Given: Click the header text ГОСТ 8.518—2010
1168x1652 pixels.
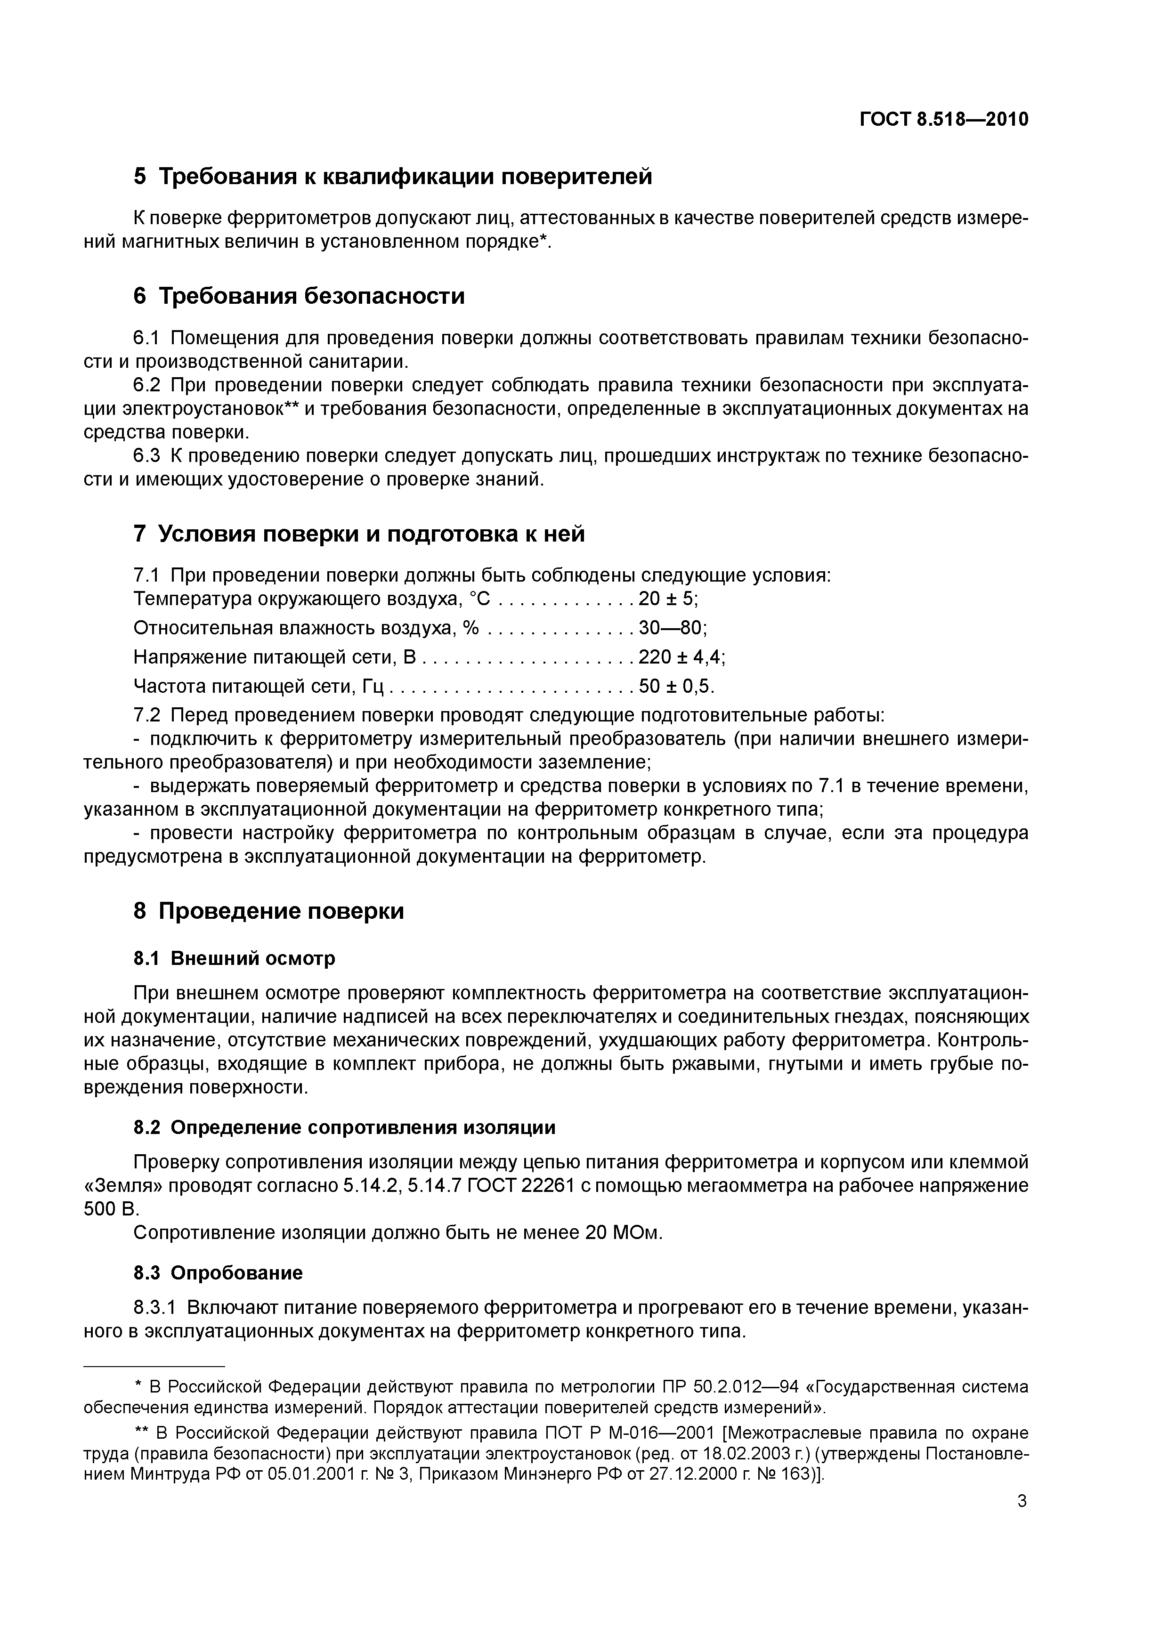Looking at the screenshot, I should (x=943, y=120).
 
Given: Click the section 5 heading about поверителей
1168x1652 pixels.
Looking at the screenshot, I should (x=393, y=176).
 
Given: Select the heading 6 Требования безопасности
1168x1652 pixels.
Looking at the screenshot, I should (x=300, y=296).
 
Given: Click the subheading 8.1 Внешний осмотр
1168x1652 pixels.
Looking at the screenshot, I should (x=234, y=958).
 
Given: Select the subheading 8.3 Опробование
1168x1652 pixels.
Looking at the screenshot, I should (x=218, y=1273).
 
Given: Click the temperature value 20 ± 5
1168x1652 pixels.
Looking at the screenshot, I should (x=668, y=599).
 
